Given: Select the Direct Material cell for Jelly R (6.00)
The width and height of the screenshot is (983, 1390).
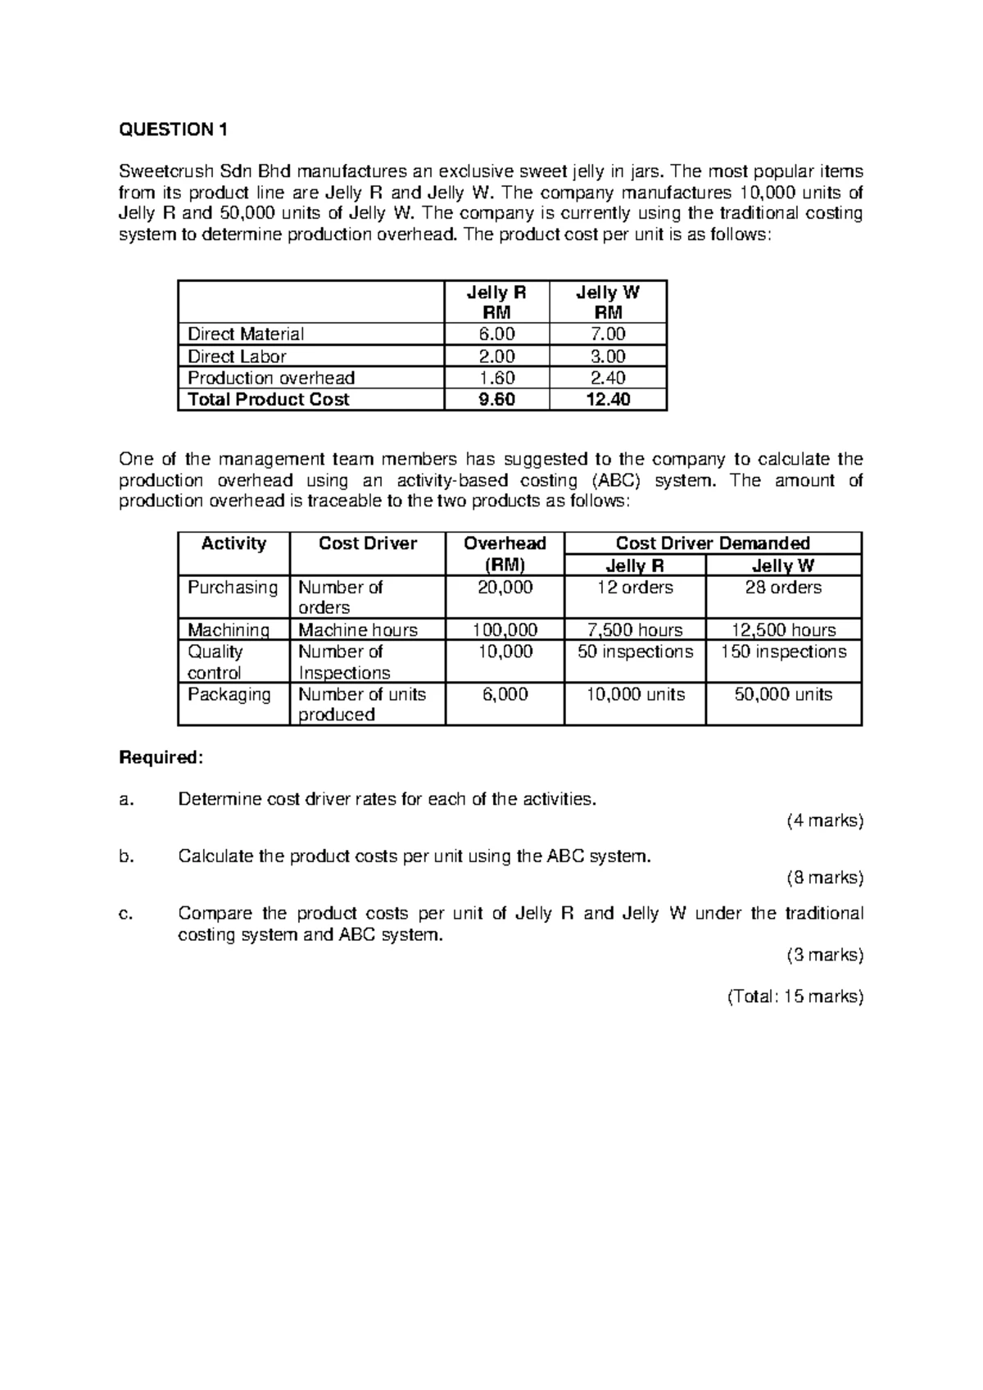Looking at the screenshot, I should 496,334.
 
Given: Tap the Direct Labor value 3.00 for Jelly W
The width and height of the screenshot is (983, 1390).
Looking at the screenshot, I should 607,357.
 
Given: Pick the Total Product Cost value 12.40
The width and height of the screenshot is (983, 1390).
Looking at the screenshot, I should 607,400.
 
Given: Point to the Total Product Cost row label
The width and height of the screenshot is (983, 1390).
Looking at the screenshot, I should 269,400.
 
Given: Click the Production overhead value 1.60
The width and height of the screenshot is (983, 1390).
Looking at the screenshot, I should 496,378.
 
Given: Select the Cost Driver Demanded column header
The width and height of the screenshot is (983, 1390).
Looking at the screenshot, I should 712,543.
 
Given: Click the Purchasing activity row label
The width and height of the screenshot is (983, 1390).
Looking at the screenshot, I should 233,588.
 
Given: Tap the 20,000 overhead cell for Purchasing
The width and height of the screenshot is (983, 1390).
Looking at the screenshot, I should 505,588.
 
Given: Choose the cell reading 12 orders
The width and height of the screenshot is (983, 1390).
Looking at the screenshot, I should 635,588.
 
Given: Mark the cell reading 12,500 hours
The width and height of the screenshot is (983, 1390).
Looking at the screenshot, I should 783,630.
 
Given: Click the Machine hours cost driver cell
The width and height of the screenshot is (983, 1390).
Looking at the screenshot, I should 358,630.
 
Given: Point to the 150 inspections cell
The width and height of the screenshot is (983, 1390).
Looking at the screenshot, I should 783,652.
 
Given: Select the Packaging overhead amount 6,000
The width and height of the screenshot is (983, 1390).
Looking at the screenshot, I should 505,694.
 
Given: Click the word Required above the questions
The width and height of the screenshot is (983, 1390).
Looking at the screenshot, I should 160,757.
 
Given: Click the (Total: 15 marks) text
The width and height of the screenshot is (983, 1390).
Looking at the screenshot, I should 795,997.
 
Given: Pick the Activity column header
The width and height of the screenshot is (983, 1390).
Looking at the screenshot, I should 233,543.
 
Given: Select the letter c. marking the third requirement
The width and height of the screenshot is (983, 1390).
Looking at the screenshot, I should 126,914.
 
